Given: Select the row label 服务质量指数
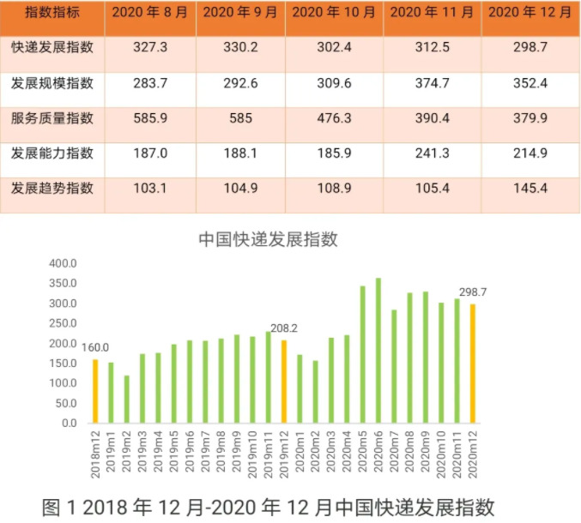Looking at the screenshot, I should [52, 118].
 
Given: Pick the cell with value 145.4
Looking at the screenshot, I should [530, 188].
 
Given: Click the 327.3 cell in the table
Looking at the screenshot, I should [151, 48].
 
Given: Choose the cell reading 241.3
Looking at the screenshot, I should [433, 153].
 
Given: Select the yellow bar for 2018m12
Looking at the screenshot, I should [95, 391].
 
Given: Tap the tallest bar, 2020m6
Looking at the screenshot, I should [378, 351].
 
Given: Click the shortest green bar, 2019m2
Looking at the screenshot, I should [127, 400].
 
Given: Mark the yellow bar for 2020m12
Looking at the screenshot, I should [472, 364].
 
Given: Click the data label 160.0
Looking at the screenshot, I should [95, 347].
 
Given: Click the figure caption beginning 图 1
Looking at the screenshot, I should [268, 506].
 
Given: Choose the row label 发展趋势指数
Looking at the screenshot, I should [52, 188].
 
